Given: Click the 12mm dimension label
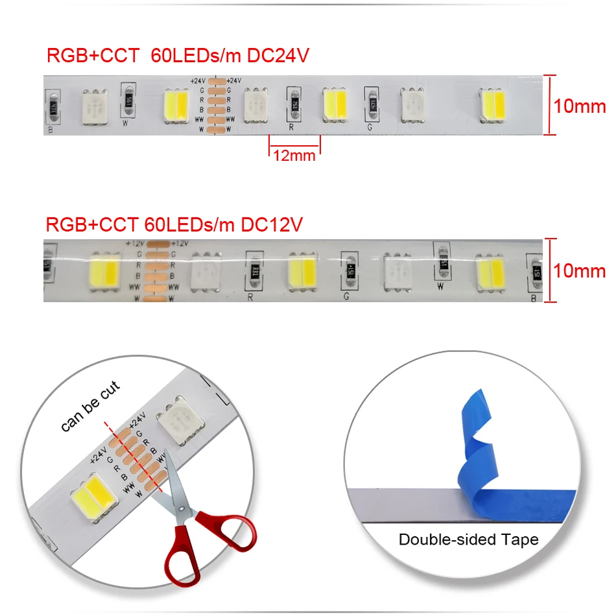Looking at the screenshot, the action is click(294, 155).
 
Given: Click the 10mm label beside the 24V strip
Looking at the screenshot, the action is click(579, 106).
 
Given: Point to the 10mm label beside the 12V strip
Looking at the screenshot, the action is click(579, 270).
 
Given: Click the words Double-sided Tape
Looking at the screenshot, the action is click(468, 539).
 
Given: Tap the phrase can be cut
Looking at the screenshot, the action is click(90, 407).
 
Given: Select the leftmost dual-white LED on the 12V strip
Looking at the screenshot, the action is click(102, 268).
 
